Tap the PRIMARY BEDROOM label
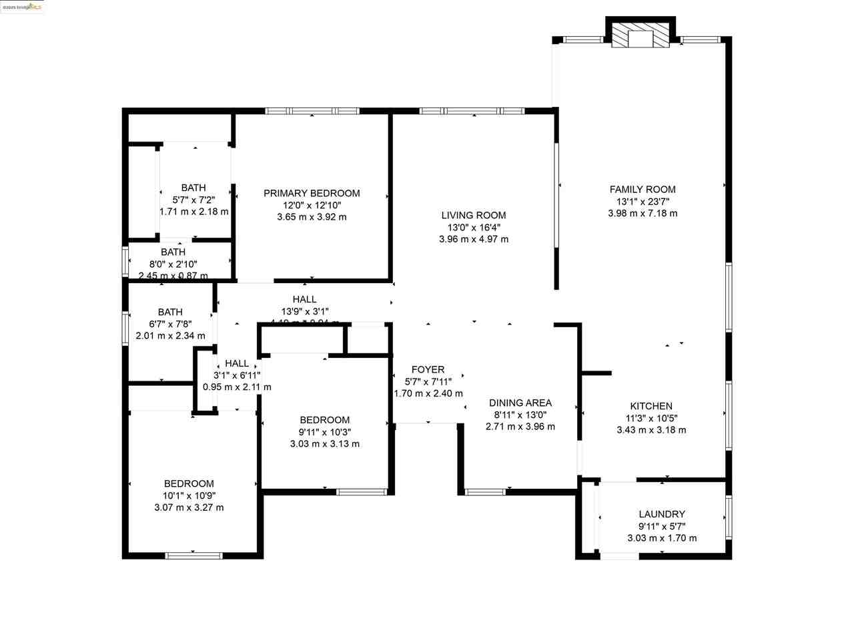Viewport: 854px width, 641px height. (312, 193)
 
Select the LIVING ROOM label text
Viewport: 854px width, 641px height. (474, 215)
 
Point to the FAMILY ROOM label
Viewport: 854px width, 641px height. (643, 189)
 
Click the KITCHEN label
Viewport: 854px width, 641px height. (651, 406)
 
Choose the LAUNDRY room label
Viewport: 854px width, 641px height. (662, 514)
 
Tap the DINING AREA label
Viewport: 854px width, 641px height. (520, 403)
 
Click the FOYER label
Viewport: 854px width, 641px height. (428, 369)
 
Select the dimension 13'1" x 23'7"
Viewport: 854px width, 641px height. (643, 201)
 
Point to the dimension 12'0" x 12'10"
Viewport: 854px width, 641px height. (312, 205)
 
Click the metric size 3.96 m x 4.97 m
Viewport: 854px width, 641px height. (474, 239)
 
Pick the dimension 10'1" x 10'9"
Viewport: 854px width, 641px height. (189, 495)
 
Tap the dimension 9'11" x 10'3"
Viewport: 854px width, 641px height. (325, 432)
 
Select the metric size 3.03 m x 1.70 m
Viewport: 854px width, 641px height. (662, 538)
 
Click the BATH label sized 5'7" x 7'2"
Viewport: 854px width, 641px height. (193, 188)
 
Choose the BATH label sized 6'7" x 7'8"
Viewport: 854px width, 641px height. (170, 312)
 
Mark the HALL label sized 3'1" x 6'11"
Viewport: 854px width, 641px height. (237, 363)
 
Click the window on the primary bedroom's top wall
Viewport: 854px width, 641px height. (312, 111)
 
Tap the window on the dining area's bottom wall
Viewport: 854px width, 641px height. (485, 492)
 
